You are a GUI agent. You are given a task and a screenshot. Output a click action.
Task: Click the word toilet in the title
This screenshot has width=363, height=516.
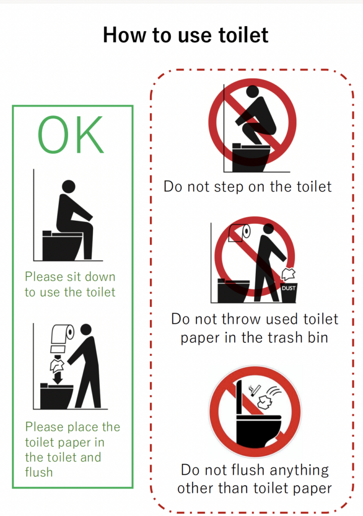click(x=243, y=35)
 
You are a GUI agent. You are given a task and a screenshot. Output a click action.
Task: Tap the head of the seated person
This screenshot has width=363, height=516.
click(x=68, y=186)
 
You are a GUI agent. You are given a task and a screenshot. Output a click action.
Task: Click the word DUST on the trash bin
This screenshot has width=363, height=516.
click(x=288, y=288)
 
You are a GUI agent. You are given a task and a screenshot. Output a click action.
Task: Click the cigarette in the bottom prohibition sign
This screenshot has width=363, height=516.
click(x=255, y=391)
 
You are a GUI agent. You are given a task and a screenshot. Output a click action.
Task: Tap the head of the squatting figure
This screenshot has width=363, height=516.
click(x=253, y=92)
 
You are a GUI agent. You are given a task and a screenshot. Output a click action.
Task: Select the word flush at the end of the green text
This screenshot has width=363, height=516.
click(x=39, y=472)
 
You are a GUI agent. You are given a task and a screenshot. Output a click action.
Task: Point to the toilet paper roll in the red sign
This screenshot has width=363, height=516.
click(x=239, y=232)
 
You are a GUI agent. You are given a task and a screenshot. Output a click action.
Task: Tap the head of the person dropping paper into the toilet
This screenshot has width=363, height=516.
click(x=86, y=330)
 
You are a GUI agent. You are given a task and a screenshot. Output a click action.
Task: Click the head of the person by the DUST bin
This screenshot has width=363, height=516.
click(x=269, y=229)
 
